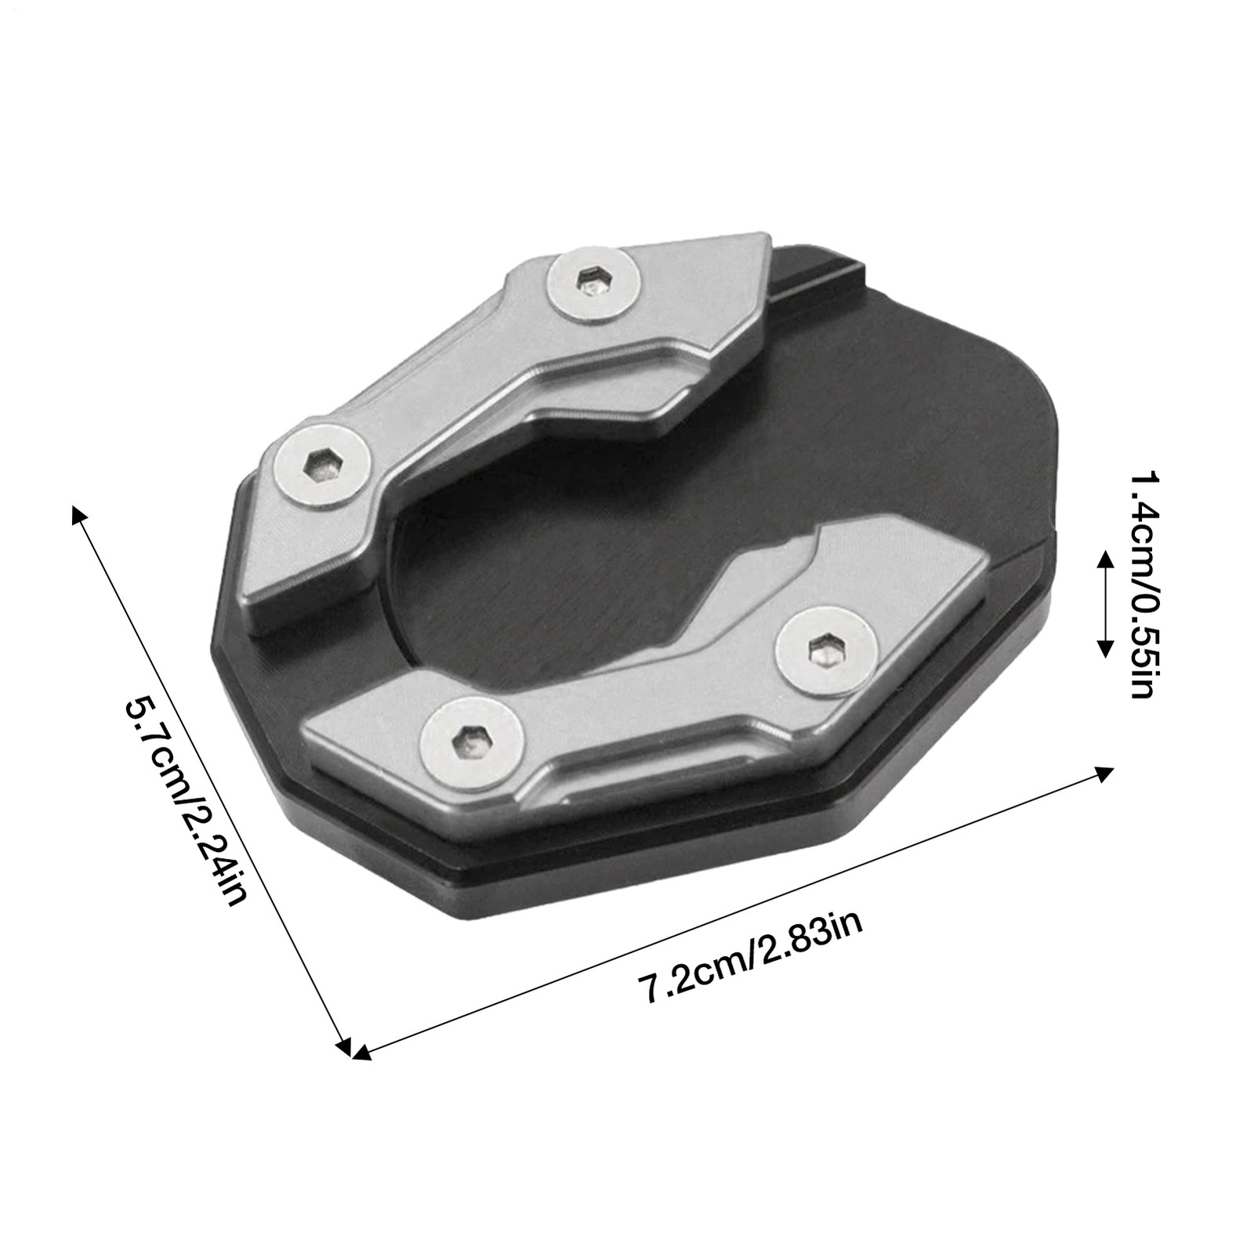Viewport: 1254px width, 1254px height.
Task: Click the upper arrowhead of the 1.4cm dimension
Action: coord(1105,558)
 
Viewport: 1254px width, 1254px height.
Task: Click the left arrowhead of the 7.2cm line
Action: coord(361,1054)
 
